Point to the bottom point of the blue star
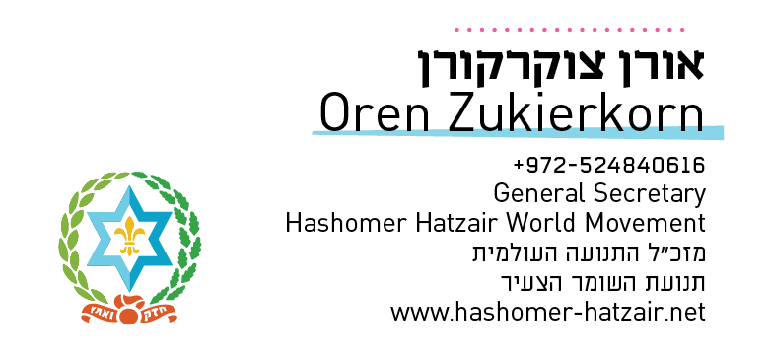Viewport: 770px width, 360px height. [129, 287]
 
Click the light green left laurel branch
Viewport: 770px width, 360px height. [71, 237]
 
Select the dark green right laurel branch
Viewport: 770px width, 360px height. [188, 237]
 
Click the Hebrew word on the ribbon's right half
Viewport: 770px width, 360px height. [155, 315]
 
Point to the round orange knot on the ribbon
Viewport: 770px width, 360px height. [129, 317]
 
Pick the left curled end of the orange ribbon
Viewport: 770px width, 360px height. [84, 318]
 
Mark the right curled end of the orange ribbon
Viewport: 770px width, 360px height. [175, 318]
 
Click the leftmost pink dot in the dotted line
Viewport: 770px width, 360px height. [456, 30]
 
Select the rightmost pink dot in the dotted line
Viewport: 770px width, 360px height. [682, 30]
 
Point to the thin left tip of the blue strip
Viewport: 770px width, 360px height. [315, 132]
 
